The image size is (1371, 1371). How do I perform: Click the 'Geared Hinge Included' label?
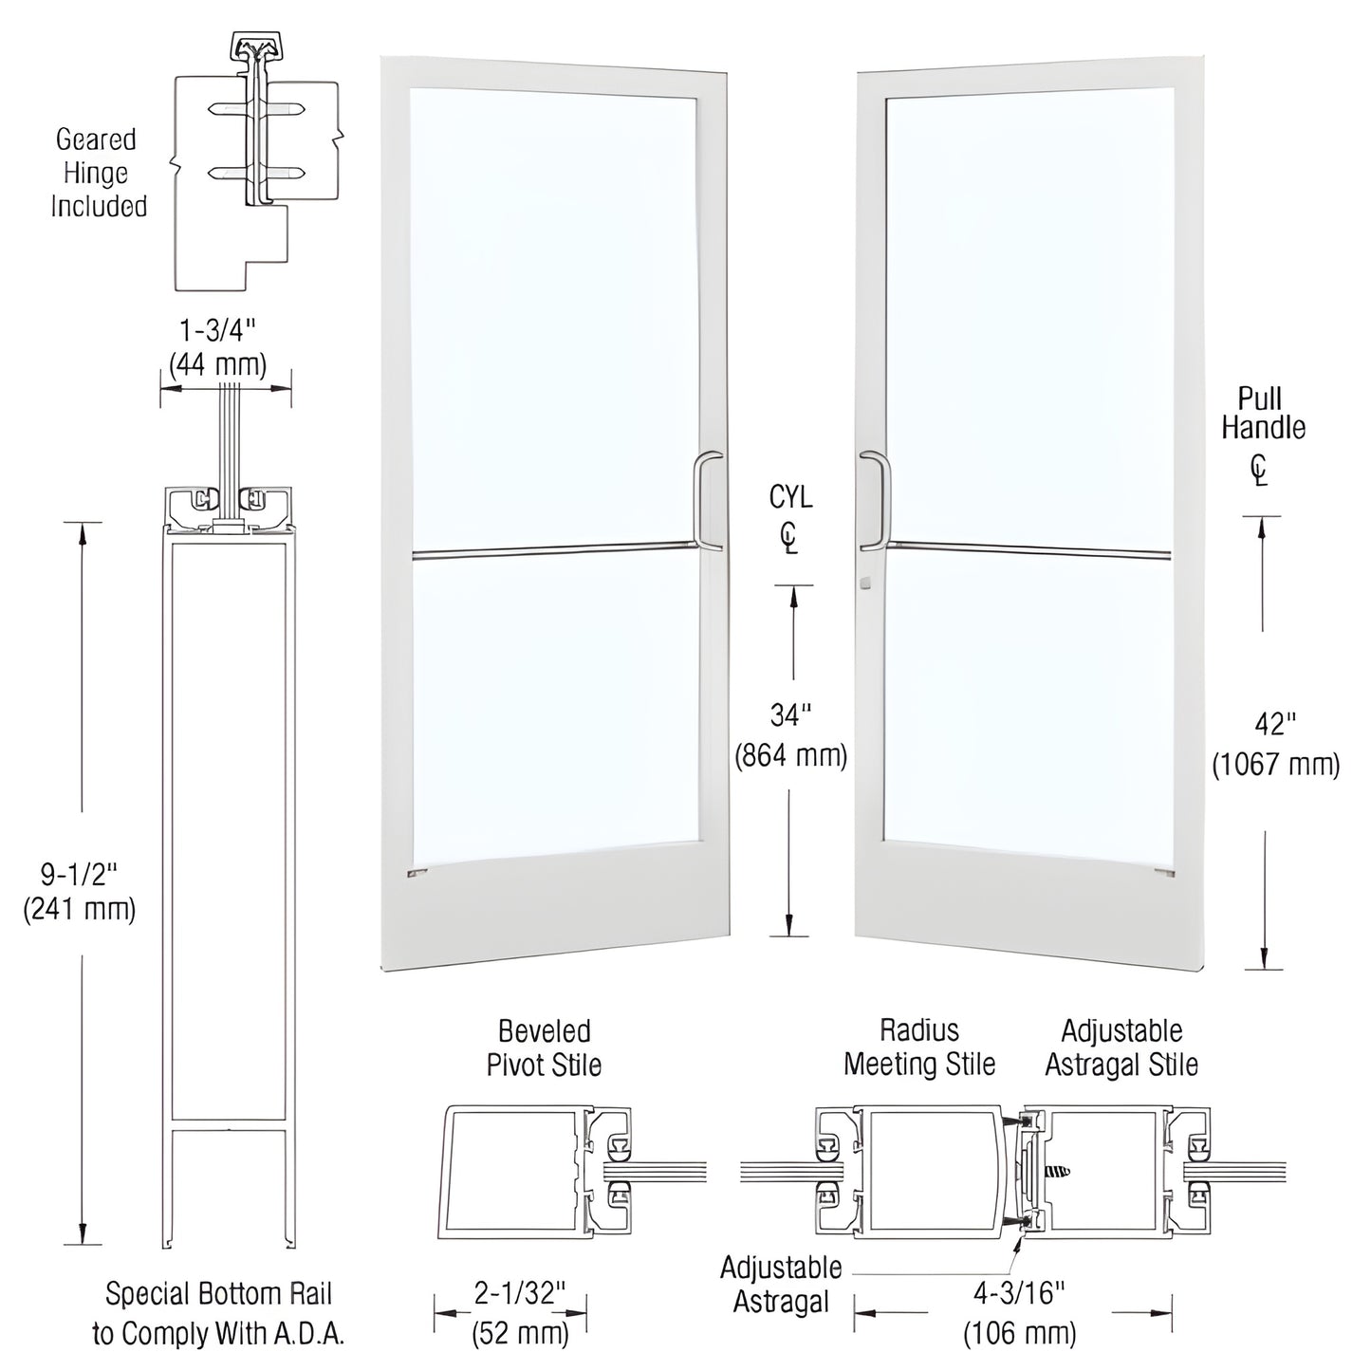[x=99, y=173]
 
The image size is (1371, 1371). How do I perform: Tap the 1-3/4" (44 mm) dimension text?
[x=217, y=347]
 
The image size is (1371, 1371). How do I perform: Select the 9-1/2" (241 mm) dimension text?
[x=80, y=890]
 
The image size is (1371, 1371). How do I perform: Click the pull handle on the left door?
[x=709, y=501]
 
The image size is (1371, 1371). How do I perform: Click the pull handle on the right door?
[x=874, y=500]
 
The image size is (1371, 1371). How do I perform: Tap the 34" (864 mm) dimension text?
[x=790, y=735]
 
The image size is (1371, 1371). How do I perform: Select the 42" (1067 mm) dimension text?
[x=1275, y=744]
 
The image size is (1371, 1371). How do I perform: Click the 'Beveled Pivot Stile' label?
[x=544, y=1047]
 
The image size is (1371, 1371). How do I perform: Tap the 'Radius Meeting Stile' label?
[x=919, y=1047]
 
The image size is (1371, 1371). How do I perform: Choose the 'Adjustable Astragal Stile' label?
[x=1121, y=1047]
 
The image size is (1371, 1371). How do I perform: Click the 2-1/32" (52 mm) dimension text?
[x=520, y=1313]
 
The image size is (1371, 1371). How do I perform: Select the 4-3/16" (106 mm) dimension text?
[x=1020, y=1313]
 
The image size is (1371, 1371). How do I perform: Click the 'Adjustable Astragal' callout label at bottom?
[x=781, y=1285]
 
